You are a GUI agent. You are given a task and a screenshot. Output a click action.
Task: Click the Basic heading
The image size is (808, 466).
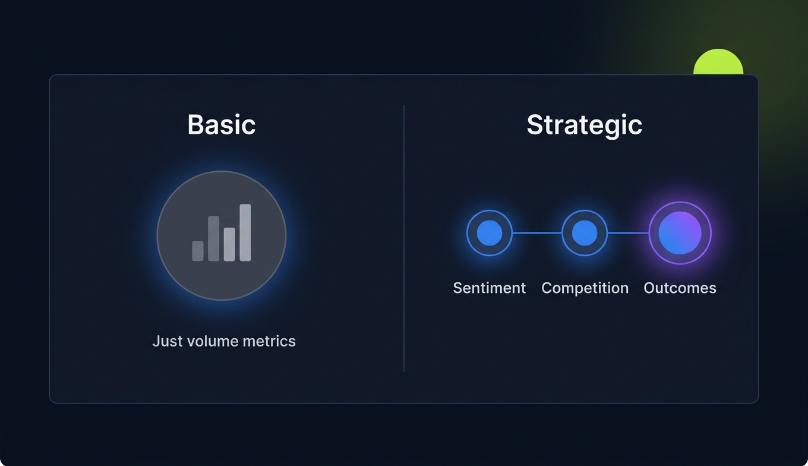point(222,125)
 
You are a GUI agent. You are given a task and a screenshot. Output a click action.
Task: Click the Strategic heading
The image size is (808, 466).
point(584,125)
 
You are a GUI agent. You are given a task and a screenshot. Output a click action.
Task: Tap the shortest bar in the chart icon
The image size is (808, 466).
point(198,251)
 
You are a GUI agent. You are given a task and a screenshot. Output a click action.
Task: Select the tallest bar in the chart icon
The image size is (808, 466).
point(245,232)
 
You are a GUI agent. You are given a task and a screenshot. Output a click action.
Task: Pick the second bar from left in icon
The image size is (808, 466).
point(214,238)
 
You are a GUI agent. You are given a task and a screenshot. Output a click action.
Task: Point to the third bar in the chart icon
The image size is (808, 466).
point(229,244)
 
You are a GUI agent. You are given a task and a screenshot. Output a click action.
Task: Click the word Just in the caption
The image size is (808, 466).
point(166,341)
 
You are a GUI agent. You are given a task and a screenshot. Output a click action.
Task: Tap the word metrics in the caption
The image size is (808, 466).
point(273,341)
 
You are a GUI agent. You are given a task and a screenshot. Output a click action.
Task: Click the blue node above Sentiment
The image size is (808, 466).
point(489,233)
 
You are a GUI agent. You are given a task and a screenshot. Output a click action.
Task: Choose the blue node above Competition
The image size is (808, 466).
point(584,233)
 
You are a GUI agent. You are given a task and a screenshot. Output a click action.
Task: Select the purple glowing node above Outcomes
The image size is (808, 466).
point(680,233)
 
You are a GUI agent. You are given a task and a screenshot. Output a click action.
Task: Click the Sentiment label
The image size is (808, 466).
point(489,288)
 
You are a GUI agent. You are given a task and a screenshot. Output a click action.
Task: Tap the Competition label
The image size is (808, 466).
point(585,288)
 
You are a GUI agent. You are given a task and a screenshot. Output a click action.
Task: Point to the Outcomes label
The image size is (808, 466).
point(680,288)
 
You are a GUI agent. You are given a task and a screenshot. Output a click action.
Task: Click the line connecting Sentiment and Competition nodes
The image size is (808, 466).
point(536,233)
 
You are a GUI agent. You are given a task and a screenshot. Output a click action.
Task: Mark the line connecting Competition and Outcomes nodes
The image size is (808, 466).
point(628,233)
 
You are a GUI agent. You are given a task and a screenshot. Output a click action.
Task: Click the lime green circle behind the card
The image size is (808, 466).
point(718,63)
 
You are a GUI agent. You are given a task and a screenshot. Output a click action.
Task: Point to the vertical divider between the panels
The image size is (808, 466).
point(404,238)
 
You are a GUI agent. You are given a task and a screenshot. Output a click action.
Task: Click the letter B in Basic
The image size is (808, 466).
point(196,125)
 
